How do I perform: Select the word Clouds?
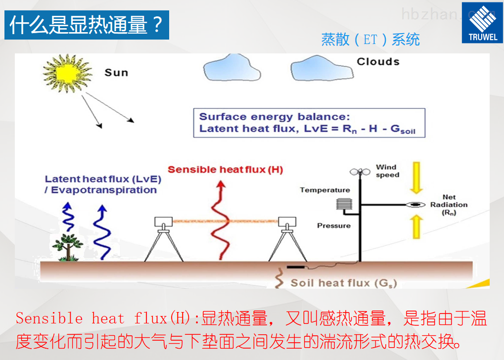point(378,62)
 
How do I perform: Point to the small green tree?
point(67,246)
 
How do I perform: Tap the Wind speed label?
point(387,171)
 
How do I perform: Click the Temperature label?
point(324,190)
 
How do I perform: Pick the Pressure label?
point(333,225)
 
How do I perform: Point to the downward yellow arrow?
point(417,179)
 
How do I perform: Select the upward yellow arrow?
point(417,227)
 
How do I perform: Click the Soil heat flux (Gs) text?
point(343,283)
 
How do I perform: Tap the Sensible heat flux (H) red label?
point(225,170)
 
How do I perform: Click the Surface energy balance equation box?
point(309,123)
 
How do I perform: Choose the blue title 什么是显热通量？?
point(87,25)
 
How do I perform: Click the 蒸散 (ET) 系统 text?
point(370,39)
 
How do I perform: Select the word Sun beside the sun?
point(116,73)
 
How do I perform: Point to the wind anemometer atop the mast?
point(360,172)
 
